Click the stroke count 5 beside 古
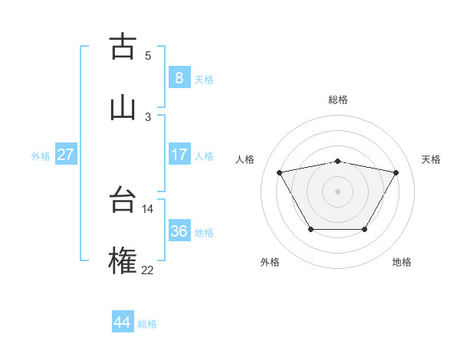148,56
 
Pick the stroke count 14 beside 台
147,208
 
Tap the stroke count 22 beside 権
147,269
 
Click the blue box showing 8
179,78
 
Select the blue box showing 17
179,155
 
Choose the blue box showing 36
179,231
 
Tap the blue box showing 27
65,155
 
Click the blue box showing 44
122,322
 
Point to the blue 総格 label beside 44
147,324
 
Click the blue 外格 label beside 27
41,156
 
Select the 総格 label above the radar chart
338,100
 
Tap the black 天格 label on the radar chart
431,159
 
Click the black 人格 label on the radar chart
245,159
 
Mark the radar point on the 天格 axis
396,172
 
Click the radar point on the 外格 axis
310,229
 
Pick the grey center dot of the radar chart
338,191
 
